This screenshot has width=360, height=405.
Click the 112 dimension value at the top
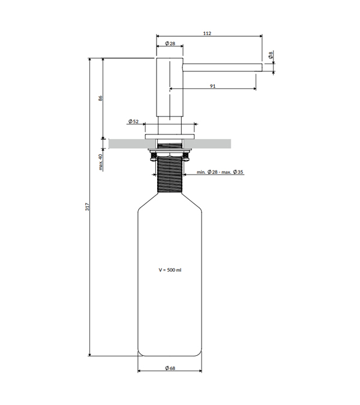tap(207, 34)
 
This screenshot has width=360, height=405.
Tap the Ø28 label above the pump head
tap(170, 43)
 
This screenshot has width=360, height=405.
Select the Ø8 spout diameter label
tap(271, 55)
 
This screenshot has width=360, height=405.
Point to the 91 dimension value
tap(212, 86)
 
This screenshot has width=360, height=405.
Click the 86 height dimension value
tap(100, 98)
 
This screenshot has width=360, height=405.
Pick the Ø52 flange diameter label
tap(134, 121)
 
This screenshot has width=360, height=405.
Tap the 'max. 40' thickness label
tap(100, 162)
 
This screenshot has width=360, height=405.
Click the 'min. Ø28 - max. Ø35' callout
tap(220, 172)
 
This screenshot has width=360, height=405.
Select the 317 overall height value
tap(87, 206)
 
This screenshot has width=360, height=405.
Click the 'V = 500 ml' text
tap(170, 270)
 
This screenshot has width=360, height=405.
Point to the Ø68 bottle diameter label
tap(170, 368)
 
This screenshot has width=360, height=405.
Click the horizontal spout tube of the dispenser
tap(223, 67)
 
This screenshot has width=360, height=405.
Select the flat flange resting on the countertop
tap(169, 137)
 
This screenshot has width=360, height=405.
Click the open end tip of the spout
tap(262, 67)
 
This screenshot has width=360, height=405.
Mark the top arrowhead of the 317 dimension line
tap(89, 60)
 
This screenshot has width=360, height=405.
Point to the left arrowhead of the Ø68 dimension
tap(139, 371)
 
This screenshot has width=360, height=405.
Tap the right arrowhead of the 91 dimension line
tap(254, 89)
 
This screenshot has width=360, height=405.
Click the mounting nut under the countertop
tap(170, 154)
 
